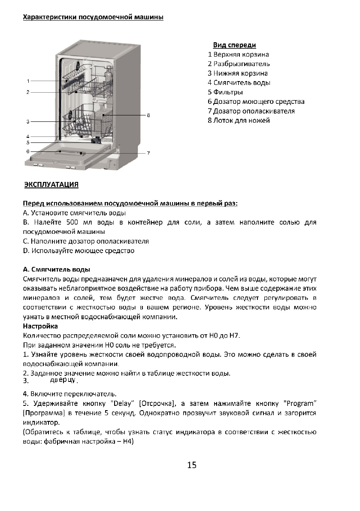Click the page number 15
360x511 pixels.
point(192,466)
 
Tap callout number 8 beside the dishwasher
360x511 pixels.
point(148,115)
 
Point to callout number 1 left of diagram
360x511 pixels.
point(28,81)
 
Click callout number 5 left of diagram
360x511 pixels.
point(28,142)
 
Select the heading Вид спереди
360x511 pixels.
point(234,45)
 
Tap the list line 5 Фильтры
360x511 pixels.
point(225,92)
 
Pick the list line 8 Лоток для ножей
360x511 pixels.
point(239,121)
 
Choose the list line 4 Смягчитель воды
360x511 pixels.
point(239,83)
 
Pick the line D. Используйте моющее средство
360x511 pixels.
point(79,251)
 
